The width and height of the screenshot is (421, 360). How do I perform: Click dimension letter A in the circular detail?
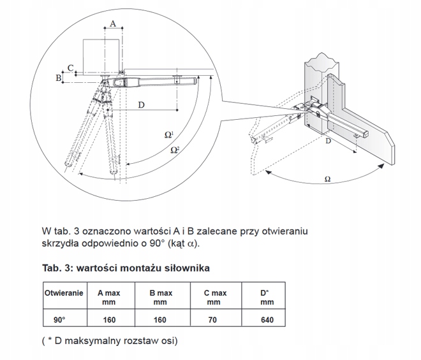coord(112,24)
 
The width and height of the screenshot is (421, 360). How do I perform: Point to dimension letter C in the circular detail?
coord(70,67)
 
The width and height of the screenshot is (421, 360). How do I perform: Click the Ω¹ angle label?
coord(169,135)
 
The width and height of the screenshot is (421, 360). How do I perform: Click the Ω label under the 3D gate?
coord(327,179)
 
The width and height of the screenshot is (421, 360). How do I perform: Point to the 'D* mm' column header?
coord(266,298)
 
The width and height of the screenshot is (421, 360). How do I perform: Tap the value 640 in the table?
coord(266,319)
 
